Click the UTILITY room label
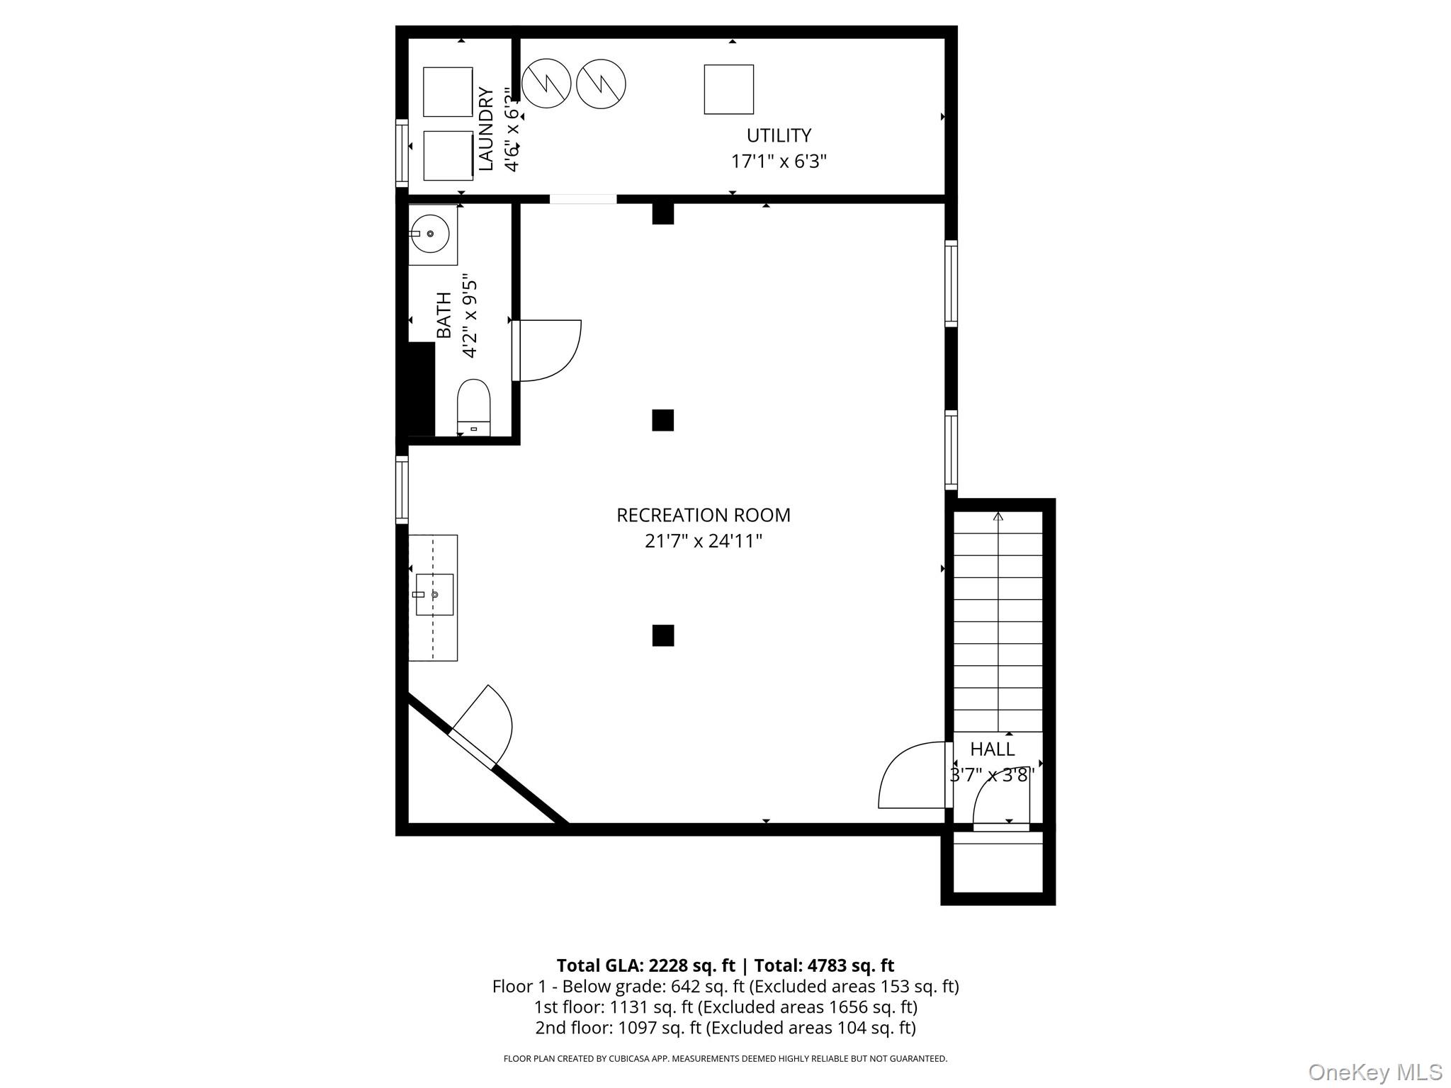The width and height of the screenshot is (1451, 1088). point(779,135)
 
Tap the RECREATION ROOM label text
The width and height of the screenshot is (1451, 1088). point(703,515)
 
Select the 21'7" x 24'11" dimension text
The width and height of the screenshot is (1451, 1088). point(703,541)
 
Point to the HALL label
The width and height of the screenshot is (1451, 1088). point(992,749)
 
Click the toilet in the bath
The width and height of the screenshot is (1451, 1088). point(473,407)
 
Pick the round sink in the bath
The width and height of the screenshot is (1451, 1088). point(431,234)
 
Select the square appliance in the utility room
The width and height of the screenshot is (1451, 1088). point(728,89)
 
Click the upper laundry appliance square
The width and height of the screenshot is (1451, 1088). point(448,92)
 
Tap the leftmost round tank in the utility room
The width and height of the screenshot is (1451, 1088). point(546,84)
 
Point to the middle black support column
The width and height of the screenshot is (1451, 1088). point(662,420)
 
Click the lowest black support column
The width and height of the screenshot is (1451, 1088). point(662,635)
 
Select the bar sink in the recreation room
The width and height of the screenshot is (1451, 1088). point(434,595)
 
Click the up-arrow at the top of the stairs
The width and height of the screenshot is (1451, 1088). point(998,516)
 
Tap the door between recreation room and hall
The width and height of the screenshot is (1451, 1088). point(913,775)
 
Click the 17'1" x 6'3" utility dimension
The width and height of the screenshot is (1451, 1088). point(779,161)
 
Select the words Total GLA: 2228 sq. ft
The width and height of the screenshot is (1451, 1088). point(645,965)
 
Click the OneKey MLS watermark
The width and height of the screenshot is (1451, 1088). point(1374,1072)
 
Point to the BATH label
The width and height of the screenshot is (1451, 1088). point(444,315)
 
